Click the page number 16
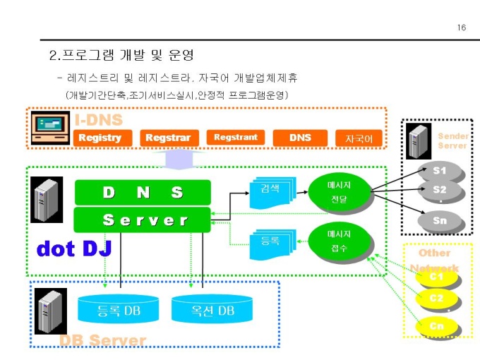(x=462, y=28)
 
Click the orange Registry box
(x=100, y=138)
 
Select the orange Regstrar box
(x=168, y=138)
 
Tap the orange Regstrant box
(x=235, y=138)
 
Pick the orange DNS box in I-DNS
(x=300, y=138)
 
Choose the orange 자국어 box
(x=359, y=139)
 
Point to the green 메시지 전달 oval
(x=339, y=191)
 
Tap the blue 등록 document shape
(x=270, y=243)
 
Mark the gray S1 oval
(x=440, y=170)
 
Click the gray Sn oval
(x=440, y=220)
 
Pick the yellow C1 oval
(x=437, y=277)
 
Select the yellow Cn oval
(x=437, y=326)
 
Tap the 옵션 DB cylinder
(x=212, y=308)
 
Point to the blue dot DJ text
(x=74, y=248)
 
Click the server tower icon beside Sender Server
(x=419, y=140)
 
